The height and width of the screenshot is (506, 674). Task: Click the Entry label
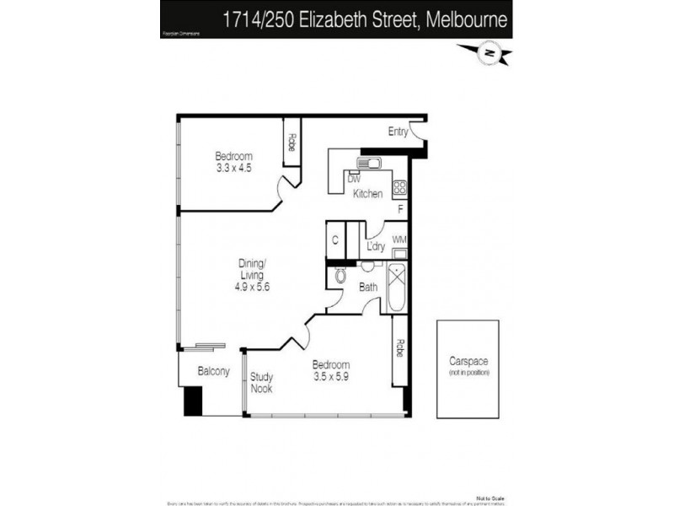pos(398,132)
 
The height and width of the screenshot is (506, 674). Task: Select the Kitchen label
pos(368,194)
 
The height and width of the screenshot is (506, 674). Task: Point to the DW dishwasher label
pos(354,179)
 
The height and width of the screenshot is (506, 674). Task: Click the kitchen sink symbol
pos(370,162)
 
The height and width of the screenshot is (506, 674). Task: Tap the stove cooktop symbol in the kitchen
pos(400,189)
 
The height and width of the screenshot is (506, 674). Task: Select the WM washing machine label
pos(399,240)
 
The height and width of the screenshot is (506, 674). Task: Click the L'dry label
pos(376,246)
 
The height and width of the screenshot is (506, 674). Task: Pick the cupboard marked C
pos(334,240)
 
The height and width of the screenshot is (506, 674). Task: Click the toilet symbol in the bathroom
pos(340,276)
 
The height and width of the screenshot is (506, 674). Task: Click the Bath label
pos(368,288)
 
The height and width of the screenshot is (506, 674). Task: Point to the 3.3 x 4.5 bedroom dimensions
pos(233,168)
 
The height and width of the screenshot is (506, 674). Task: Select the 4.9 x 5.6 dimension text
pos(251,287)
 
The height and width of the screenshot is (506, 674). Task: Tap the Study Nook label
pos(261,383)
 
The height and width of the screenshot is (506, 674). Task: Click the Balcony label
pos(213,371)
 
